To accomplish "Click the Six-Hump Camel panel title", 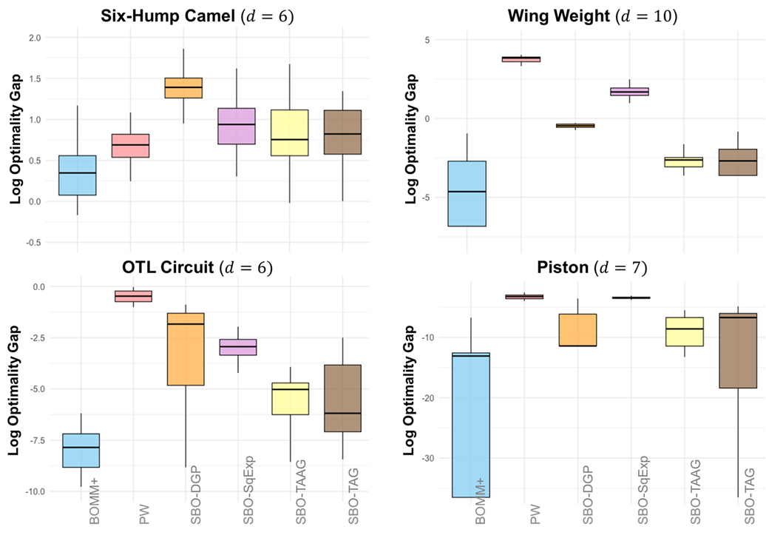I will point(197,14).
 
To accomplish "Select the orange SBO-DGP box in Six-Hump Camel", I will point(183,87).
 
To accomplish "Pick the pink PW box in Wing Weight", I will point(521,59).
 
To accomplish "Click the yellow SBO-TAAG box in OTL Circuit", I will point(291,398).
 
